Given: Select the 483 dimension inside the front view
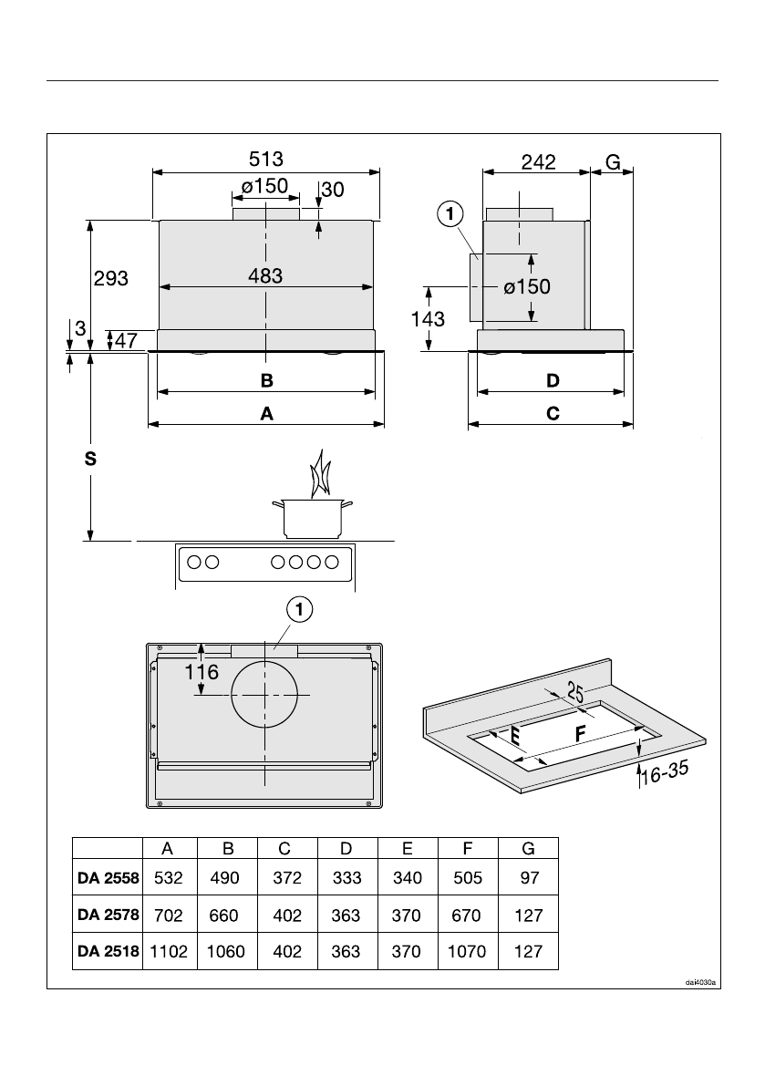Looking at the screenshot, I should [x=265, y=274].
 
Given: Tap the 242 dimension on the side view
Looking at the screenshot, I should [x=539, y=162].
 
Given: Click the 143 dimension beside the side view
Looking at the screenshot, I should [x=427, y=318].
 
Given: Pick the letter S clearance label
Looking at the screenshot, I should [x=89, y=460].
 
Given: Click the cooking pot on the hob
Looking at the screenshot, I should [x=313, y=517].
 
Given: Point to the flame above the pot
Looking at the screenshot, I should [x=319, y=474].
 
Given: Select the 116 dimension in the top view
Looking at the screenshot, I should [x=201, y=673].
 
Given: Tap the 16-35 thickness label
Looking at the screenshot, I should [x=662, y=775].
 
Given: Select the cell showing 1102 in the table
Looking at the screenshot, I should [x=168, y=951].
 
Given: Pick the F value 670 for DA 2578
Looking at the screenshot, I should [x=467, y=915].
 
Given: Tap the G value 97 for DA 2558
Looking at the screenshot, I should [x=528, y=879].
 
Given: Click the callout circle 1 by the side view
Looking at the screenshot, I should [x=450, y=214].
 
